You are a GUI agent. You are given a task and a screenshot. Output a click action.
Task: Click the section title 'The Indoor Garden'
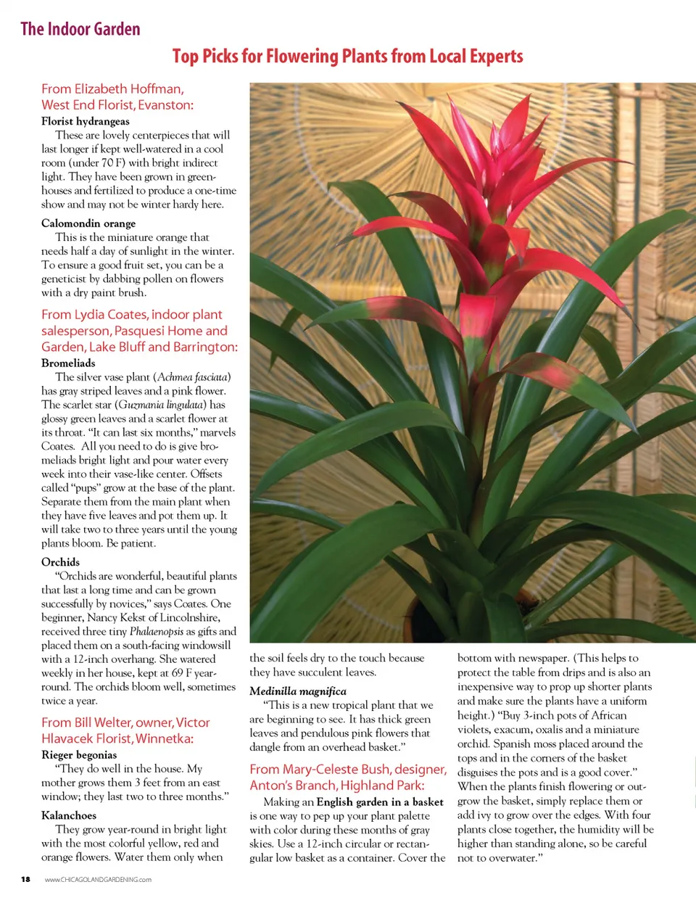click(x=80, y=29)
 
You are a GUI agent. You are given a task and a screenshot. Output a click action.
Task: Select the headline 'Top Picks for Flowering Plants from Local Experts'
click(x=347, y=57)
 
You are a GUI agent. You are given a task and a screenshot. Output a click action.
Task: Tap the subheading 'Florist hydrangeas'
click(x=86, y=121)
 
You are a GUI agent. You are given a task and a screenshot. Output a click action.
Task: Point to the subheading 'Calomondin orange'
click(x=88, y=223)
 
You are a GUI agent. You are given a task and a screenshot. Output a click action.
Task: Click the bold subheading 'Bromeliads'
click(x=68, y=363)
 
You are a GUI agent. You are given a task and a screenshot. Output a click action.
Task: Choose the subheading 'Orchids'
click(x=60, y=562)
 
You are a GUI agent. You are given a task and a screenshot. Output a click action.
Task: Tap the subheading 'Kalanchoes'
click(x=69, y=815)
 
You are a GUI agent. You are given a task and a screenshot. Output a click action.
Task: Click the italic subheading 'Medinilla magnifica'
click(x=298, y=691)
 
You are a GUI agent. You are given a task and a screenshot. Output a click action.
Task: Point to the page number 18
click(x=25, y=880)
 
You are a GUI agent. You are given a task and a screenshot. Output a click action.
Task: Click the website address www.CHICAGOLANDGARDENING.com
click(x=98, y=880)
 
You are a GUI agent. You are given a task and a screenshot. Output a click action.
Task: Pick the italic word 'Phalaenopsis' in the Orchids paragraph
click(x=157, y=631)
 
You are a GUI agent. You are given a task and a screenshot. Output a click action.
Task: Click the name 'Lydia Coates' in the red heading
click(x=110, y=315)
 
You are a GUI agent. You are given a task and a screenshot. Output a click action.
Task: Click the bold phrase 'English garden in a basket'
click(x=380, y=802)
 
